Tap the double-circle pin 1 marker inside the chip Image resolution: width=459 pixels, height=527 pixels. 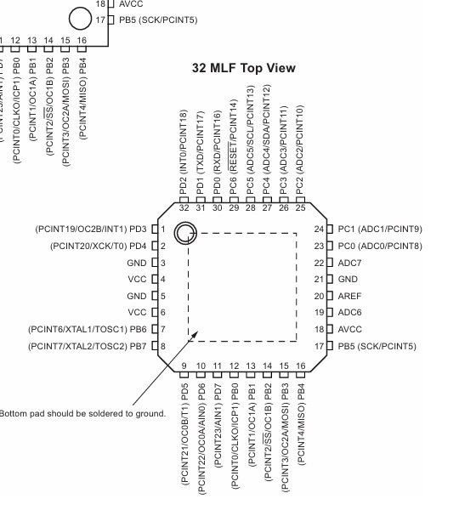[x=184, y=234]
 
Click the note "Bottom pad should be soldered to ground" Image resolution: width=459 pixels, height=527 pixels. [x=82, y=413]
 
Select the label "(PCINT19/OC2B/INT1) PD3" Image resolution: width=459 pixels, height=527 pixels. [x=90, y=229]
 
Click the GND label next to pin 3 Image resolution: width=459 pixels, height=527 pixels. [x=137, y=263]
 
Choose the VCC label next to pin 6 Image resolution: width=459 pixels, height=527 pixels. [x=138, y=313]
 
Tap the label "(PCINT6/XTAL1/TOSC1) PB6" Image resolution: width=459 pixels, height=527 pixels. [x=88, y=329]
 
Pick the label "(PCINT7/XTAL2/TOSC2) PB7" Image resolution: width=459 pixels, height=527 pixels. [x=88, y=346]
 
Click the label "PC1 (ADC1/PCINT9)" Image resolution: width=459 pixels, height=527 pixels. [x=380, y=229]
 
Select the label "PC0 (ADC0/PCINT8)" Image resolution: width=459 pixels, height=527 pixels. [x=380, y=246]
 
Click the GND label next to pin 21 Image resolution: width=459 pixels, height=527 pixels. [x=348, y=280]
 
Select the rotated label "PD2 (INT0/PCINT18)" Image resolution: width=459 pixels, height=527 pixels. [x=184, y=153]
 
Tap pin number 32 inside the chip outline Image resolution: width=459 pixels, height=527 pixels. [x=184, y=208]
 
